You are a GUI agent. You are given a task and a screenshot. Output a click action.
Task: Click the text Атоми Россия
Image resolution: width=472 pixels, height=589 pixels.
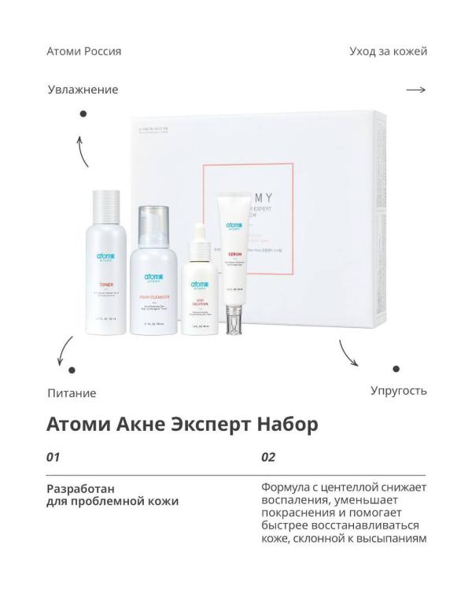[84, 51]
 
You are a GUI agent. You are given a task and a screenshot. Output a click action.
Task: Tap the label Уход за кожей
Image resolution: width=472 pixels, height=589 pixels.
[388, 51]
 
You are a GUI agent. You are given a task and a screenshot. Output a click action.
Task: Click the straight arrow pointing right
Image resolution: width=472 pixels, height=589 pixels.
[415, 90]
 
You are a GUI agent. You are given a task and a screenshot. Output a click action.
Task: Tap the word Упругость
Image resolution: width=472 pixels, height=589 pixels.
[398, 390]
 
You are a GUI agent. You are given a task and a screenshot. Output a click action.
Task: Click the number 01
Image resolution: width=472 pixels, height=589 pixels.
[54, 456]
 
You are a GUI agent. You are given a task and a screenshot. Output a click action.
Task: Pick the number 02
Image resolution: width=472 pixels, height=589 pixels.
[268, 456]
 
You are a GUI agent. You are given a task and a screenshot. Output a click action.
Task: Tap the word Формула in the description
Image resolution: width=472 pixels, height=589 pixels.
[288, 488]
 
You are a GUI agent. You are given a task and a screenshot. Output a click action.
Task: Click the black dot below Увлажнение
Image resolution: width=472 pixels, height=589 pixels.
[83, 114]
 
